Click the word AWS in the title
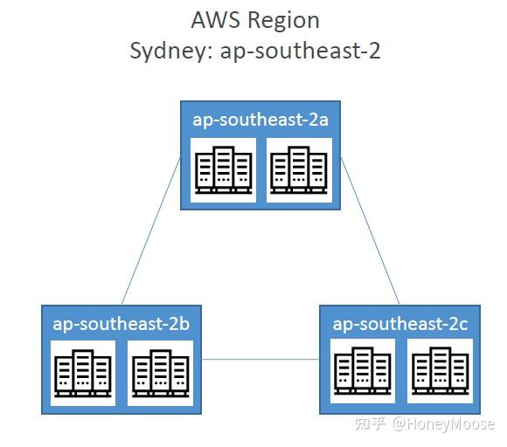point(215,20)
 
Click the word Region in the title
point(283,22)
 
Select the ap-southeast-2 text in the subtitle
point(300,52)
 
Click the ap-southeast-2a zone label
point(260,120)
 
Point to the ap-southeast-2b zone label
point(122,324)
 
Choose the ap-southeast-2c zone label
point(400,324)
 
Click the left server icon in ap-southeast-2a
point(224,170)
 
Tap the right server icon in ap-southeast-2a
point(299,170)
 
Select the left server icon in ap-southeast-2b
point(83,373)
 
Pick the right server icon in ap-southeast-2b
point(160,373)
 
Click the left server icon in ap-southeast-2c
point(363,371)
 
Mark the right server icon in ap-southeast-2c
point(440,371)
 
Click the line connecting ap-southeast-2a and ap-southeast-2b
point(151,231)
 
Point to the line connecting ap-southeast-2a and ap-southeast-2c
point(371,231)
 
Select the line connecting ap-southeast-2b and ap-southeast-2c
point(260,359)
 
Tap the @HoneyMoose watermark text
point(443,424)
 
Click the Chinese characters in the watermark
point(371,423)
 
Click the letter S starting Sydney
point(136,51)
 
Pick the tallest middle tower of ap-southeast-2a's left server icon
point(224,168)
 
